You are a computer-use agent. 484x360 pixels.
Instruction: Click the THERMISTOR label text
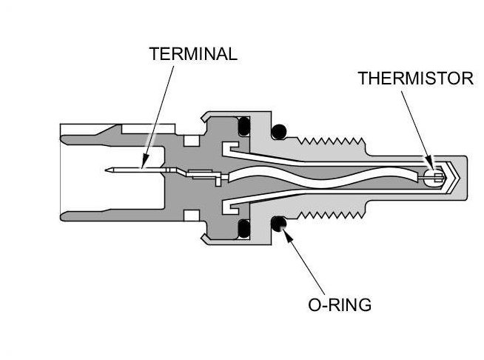pyautogui.click(x=415, y=78)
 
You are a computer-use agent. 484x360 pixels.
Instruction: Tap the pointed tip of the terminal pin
pyautogui.click(x=106, y=174)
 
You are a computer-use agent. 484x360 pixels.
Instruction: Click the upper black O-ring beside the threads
pyautogui.click(x=278, y=132)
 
